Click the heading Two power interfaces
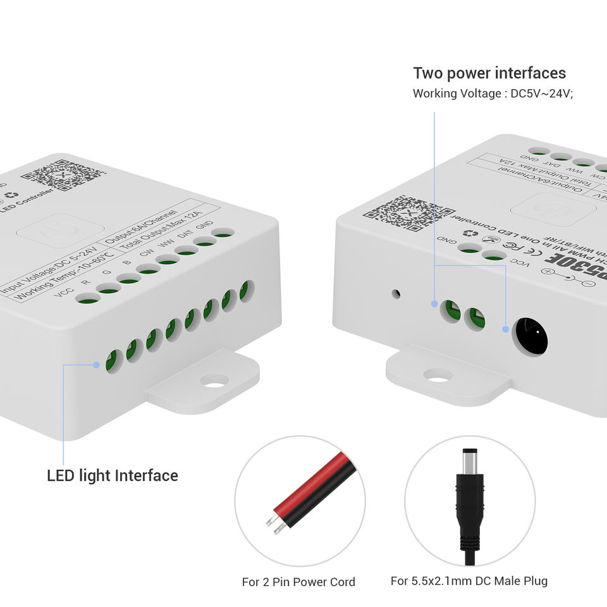click(489, 73)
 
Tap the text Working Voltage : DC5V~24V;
click(493, 94)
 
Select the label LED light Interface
click(113, 475)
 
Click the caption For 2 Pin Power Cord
click(298, 582)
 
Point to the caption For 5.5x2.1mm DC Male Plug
click(469, 581)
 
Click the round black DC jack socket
click(530, 335)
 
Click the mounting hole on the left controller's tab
click(214, 381)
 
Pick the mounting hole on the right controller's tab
click(438, 375)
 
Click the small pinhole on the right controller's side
click(396, 294)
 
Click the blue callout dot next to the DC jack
click(506, 329)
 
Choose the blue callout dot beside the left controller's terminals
click(95, 365)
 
